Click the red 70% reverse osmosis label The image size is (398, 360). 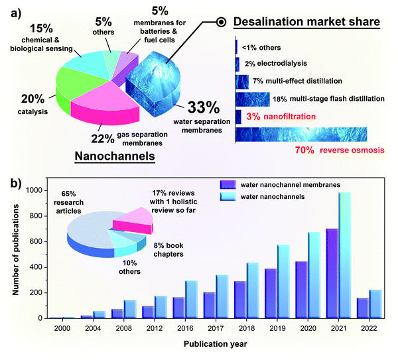coord(332,150)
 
